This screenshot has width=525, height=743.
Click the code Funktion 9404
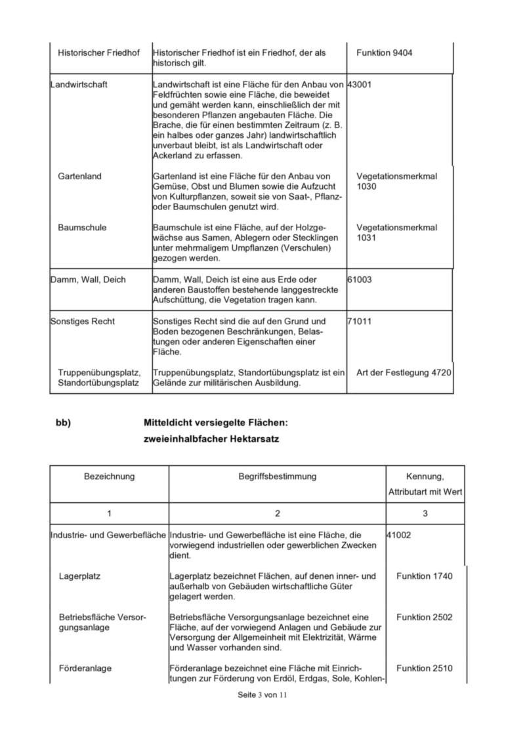coord(385,52)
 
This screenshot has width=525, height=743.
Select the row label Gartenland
coord(80,177)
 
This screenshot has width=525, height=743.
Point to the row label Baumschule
coord(82,227)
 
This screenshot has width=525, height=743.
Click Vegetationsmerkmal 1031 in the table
coord(396,232)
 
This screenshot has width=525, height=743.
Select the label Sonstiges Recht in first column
coord(83,321)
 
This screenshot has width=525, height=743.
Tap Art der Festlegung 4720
coord(404,373)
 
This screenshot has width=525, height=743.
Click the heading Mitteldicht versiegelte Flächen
coord(216,423)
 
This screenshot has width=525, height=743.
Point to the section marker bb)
coord(63,423)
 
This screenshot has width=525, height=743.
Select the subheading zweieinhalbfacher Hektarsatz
coord(211,439)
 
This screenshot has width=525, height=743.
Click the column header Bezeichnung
coord(109,476)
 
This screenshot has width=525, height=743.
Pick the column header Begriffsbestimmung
coord(278,476)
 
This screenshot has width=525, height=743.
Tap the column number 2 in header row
coord(278,512)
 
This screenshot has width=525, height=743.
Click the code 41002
coord(400,535)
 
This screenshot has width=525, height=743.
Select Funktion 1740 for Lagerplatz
coord(425,576)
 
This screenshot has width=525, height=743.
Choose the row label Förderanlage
coord(85,668)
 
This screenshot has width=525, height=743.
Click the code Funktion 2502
coord(425,617)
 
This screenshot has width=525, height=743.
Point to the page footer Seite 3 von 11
coord(262,694)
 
